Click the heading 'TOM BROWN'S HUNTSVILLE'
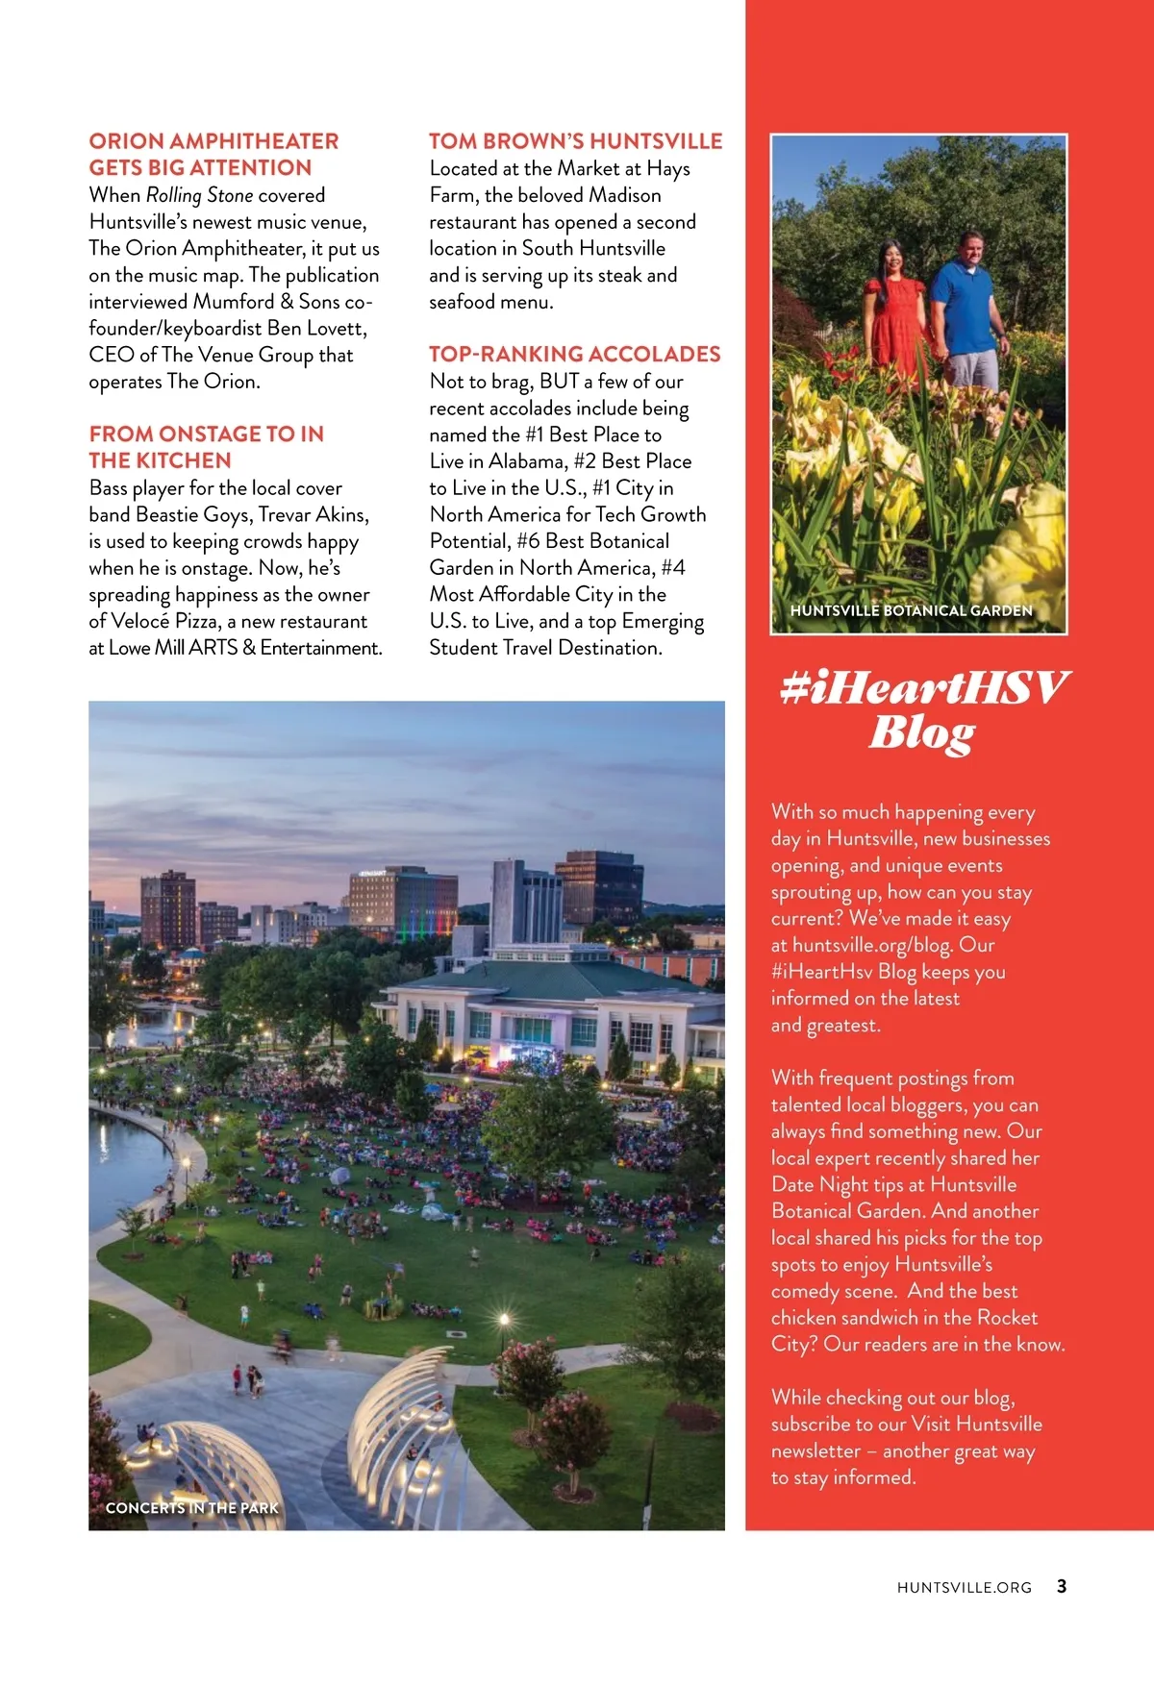click(x=575, y=141)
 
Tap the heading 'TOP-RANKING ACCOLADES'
click(x=574, y=354)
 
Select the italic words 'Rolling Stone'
click(x=199, y=195)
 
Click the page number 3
click(x=1062, y=1586)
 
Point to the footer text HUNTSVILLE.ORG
click(x=964, y=1587)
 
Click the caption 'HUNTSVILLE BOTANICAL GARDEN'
click(x=911, y=610)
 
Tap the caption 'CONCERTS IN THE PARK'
click(x=192, y=1507)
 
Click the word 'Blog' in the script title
click(x=921, y=733)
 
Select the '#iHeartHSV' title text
click(x=923, y=688)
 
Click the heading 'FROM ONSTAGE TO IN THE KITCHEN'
click(x=206, y=447)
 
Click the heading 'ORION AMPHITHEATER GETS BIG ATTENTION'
click(x=213, y=154)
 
